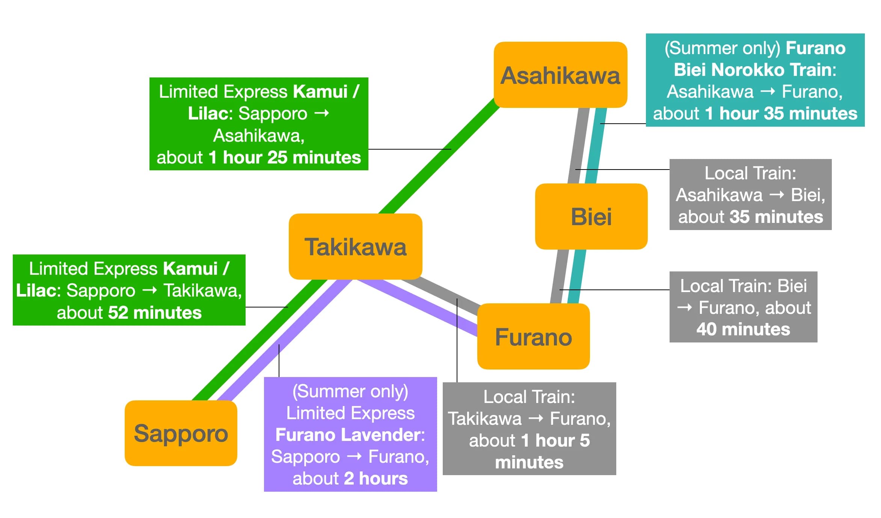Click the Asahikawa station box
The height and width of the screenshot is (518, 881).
pos(560,75)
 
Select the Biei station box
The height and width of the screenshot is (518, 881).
pos(591,217)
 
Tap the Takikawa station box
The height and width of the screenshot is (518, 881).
pos(355,247)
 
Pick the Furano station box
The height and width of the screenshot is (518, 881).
pos(533,336)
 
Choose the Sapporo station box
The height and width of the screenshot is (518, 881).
pos(181,433)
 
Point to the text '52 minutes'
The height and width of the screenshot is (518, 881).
pos(155,313)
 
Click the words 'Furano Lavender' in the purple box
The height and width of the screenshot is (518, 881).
pos(347,435)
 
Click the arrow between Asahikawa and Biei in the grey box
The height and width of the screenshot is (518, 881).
pos(777,195)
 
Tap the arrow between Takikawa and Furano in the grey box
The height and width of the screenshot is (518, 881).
pos(536,418)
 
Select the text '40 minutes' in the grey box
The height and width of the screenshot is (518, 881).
pos(743,329)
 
